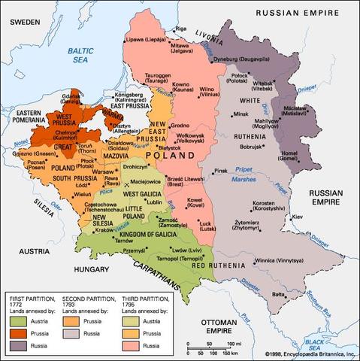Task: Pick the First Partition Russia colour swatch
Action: point(19,343)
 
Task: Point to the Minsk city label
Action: point(241,114)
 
